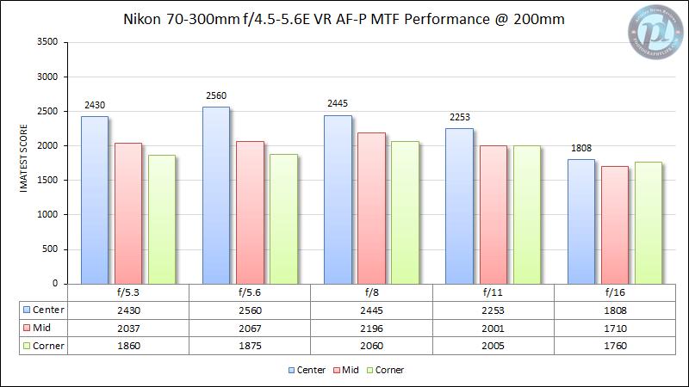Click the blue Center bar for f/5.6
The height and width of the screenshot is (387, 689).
pos(215,195)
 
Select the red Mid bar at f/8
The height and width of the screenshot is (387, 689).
pos(370,208)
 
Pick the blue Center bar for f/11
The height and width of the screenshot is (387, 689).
pos(459,206)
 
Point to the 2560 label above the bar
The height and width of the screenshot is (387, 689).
pos(215,96)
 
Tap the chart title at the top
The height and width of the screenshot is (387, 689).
pos(344,20)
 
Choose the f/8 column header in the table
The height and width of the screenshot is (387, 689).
pos(370,292)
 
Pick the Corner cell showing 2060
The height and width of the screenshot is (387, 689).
pos(370,345)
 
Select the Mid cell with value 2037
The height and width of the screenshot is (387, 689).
pos(127,327)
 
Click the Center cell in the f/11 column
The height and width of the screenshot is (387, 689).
pos(492,310)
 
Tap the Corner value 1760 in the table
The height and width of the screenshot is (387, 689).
pos(613,345)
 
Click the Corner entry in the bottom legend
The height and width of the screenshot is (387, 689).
pos(383,370)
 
